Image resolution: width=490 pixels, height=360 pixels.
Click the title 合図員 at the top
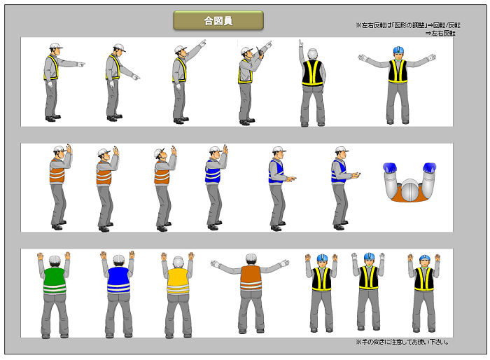tap(218, 20)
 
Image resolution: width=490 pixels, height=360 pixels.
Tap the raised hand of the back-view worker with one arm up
tap(301, 44)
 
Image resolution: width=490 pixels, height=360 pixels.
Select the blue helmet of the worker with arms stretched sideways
tap(398, 50)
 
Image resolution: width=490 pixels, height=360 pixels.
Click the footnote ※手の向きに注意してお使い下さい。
tap(402, 342)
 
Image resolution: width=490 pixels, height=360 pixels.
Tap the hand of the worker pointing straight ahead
tap(82, 64)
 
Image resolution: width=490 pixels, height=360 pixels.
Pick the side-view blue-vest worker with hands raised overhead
tap(214, 186)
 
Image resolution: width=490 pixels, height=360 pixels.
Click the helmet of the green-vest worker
tap(54, 259)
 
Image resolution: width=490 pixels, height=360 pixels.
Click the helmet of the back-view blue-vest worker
tap(118, 259)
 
